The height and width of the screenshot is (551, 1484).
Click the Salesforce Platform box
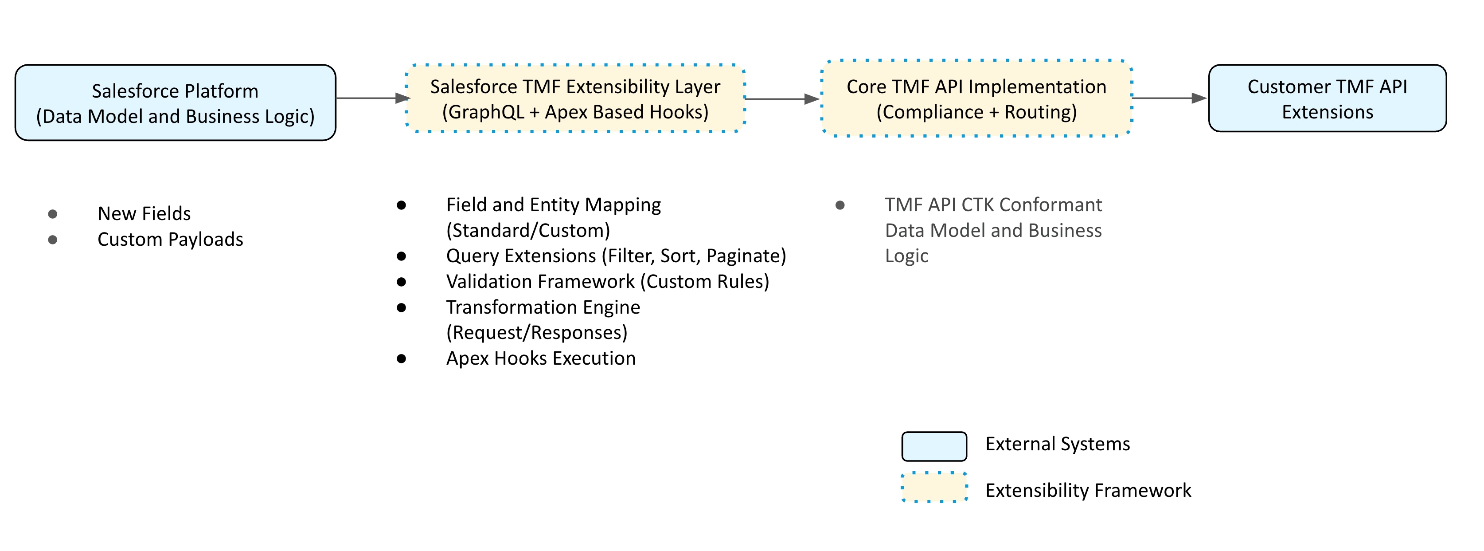(175, 102)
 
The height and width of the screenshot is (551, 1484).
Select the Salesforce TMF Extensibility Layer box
(575, 98)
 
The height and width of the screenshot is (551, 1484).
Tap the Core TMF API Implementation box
(976, 98)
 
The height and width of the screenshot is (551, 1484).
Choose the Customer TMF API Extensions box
(1327, 98)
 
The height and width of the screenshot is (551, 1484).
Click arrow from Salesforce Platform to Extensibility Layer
(371, 98)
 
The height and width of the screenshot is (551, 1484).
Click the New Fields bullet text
(144, 214)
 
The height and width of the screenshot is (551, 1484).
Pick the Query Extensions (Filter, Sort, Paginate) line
(615, 256)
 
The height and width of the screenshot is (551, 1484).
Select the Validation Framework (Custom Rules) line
(607, 282)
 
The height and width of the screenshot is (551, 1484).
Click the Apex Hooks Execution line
(540, 358)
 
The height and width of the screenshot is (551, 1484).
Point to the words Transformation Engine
(543, 307)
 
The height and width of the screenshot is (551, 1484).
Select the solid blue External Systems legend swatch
(934, 446)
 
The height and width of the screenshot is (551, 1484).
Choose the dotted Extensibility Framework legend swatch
(934, 488)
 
